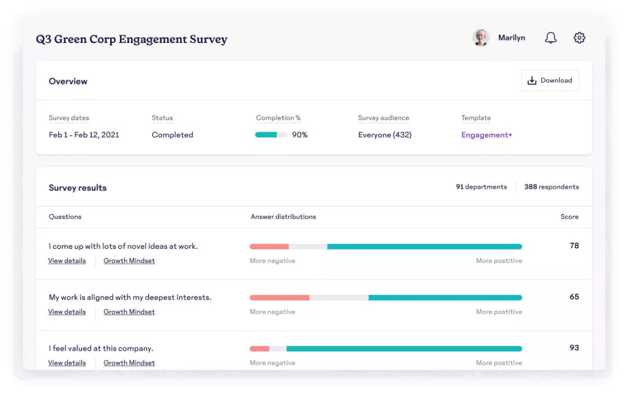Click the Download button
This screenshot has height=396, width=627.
click(549, 80)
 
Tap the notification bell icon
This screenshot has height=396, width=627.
click(550, 38)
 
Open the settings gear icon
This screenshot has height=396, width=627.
click(579, 38)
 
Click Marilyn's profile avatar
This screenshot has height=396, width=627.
click(481, 38)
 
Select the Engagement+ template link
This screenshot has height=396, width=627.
click(486, 135)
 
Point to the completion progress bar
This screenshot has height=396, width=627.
click(271, 135)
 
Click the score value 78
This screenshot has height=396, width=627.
click(574, 246)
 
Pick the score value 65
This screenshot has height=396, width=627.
click(574, 297)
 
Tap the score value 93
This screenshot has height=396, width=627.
click(574, 348)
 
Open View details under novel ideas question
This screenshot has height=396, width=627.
click(67, 261)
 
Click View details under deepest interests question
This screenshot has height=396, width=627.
click(67, 311)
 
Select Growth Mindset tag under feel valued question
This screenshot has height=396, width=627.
click(129, 362)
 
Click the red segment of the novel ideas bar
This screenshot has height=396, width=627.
click(269, 246)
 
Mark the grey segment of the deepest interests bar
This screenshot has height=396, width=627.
click(339, 297)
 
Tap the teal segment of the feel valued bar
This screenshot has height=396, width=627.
click(404, 348)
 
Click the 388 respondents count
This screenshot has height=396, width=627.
click(551, 187)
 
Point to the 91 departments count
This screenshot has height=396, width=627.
click(481, 187)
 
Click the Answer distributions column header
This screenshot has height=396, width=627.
click(283, 216)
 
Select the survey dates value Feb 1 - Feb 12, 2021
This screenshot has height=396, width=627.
click(84, 135)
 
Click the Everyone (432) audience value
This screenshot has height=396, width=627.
click(385, 135)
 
